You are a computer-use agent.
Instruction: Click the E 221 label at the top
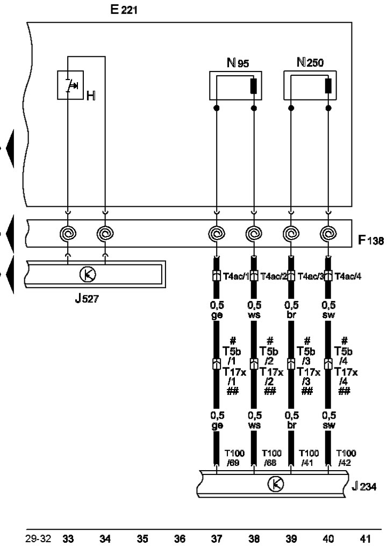coord(124,10)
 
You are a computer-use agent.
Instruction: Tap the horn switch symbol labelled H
coord(70,85)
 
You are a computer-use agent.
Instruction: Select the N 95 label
coord(238,63)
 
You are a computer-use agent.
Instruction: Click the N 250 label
coord(310,62)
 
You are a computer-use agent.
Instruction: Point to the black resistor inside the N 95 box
coord(254,86)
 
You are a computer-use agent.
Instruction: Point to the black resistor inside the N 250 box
coord(328,86)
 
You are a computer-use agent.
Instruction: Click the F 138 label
coord(371,240)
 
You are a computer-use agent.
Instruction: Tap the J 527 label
coord(87,298)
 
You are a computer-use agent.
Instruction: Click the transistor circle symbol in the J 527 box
coord(88,274)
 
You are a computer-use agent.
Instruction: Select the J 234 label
coord(364,486)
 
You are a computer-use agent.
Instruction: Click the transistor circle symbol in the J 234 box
coord(276,484)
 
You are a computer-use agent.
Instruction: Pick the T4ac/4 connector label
coord(348,276)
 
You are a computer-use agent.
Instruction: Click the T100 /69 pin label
coord(234,458)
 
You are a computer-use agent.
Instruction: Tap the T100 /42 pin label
coord(346,458)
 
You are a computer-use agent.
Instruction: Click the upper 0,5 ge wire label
coord(217,310)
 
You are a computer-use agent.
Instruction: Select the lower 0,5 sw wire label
coord(329,420)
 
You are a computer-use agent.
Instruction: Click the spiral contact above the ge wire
coord(217,233)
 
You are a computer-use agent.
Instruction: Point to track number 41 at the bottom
coord(365,538)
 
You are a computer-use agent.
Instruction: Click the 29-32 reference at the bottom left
coord(38,538)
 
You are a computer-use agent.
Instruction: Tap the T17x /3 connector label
coord(309,377)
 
